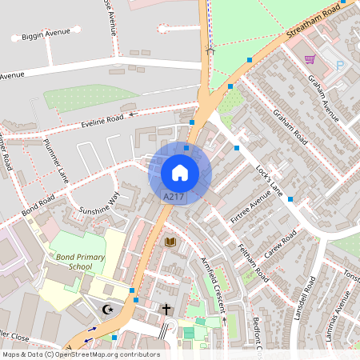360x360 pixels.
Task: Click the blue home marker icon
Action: point(180,173)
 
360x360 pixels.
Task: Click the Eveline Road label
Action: point(102,120)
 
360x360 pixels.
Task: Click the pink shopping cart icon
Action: point(310,59)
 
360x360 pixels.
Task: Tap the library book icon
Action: point(170,242)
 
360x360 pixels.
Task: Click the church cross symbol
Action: point(167,309)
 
